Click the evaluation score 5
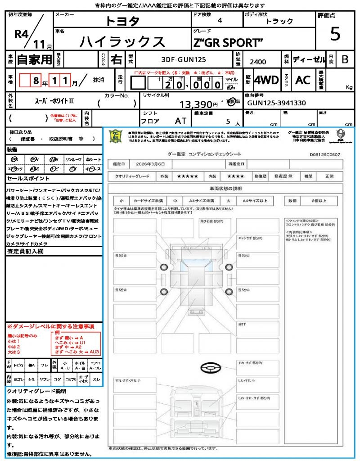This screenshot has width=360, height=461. tap(335, 34)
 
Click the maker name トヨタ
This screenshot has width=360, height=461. tap(122, 21)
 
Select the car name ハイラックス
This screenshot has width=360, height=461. tap(122, 41)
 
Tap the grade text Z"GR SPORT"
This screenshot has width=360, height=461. tap(228, 43)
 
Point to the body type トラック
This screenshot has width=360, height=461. tap(279, 22)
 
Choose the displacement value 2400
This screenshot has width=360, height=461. tap(257, 62)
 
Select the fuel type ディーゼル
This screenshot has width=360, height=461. tap(309, 59)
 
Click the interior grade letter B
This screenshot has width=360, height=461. tap(345, 59)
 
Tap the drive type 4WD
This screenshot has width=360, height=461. tap(266, 80)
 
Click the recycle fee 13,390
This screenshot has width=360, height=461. tap(199, 105)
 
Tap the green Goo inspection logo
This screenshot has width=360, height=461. tap(116, 136)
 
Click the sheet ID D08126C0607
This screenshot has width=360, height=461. tap(324, 154)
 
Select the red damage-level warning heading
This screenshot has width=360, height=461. tap(50, 326)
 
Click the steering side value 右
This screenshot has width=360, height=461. tap(116, 59)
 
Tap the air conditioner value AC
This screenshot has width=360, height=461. tap(303, 80)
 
